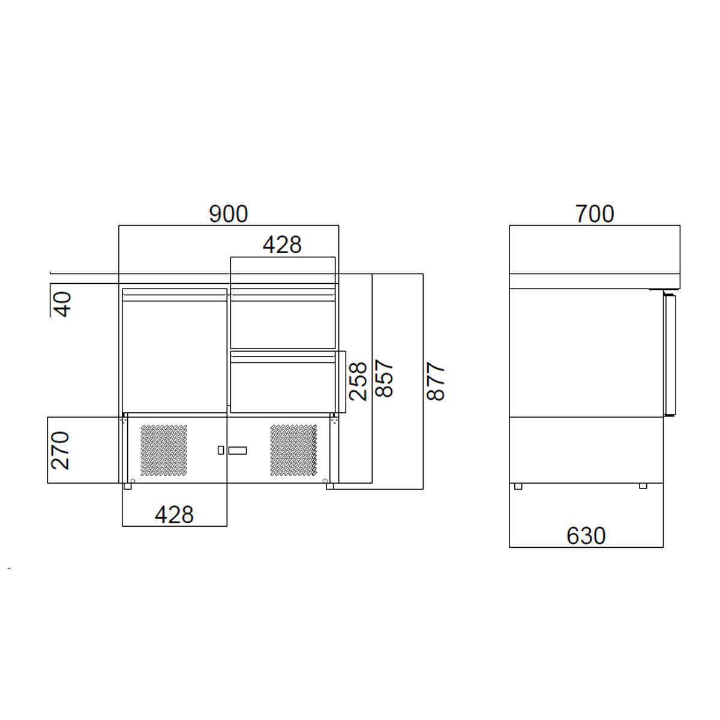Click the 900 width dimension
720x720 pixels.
click(228, 214)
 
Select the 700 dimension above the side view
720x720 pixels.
click(595, 214)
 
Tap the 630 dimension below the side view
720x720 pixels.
click(586, 536)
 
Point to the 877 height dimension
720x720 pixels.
click(435, 381)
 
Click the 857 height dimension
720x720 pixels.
click(385, 379)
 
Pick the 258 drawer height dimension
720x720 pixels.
click(358, 381)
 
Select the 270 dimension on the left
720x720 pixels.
click(60, 451)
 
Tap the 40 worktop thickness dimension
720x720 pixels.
click(62, 305)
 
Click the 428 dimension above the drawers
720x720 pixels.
click(282, 245)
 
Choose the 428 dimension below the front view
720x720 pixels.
click(174, 515)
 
